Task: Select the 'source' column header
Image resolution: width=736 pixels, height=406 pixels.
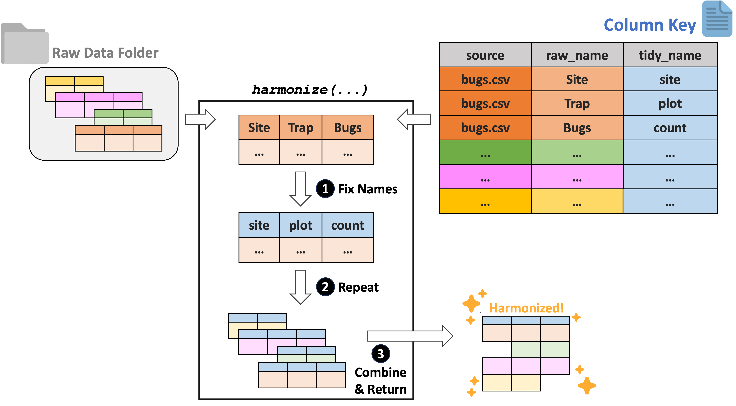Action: (485, 55)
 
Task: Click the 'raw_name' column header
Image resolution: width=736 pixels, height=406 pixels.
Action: (577, 55)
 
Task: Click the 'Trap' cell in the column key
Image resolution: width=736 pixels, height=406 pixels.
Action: (577, 103)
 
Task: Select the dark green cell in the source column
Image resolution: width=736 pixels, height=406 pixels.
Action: (485, 152)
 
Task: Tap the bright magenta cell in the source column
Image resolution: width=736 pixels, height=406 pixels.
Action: (485, 177)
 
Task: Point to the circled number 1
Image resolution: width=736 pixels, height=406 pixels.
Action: (325, 189)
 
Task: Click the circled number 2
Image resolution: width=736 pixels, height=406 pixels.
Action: (325, 287)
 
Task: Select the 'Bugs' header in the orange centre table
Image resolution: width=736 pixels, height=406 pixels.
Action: (347, 128)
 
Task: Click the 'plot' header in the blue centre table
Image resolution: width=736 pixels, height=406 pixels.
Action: (301, 225)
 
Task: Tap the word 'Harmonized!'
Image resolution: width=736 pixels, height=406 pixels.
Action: (526, 308)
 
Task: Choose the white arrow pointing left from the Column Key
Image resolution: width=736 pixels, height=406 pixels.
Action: (414, 119)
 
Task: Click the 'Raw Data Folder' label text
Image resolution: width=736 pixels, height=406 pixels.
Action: (105, 53)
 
